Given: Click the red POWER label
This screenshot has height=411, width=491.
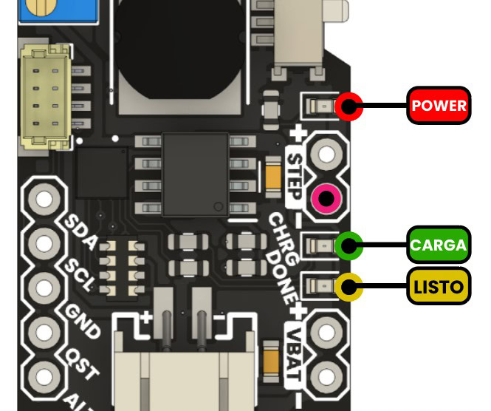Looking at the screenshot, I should pos(439,106).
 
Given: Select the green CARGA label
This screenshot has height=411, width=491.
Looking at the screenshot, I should pos(439,245).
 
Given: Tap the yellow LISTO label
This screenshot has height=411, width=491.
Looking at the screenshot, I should pos(439,287).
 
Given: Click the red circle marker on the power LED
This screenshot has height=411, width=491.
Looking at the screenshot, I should pos(347,106).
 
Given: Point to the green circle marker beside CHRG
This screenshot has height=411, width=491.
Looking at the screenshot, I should pos(348,245).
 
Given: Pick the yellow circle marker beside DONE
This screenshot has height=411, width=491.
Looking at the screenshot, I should pos(348,287).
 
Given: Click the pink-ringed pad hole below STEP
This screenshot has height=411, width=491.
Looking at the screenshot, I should pos(326,198).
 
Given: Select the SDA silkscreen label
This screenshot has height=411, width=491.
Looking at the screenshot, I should pos(78,230).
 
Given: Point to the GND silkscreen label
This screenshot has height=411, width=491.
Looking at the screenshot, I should pos(79,317).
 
